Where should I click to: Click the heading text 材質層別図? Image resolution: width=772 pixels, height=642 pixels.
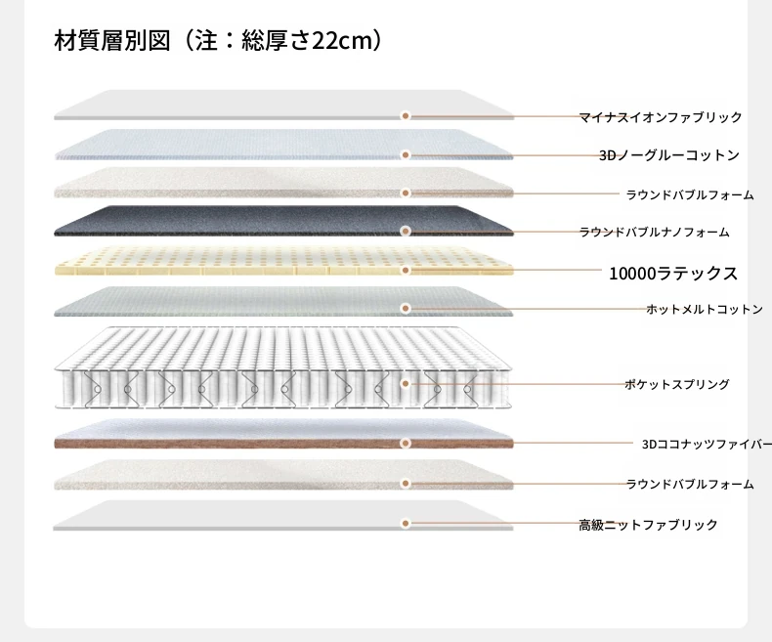coord(112,40)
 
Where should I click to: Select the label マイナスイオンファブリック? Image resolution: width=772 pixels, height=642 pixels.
coord(661,117)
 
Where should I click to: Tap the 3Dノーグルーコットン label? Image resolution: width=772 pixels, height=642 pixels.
coord(669,155)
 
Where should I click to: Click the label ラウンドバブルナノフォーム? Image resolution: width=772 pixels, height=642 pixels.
coord(655,232)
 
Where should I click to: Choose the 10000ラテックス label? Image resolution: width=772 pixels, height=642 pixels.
coord(673,274)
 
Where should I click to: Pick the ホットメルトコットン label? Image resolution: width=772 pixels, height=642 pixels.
coord(705,309)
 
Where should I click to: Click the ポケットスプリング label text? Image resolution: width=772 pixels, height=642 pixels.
coord(677,384)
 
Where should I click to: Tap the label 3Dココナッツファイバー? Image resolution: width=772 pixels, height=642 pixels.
coord(707,444)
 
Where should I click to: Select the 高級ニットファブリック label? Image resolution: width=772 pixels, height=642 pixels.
coord(648,525)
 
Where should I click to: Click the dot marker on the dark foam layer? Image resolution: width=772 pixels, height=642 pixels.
coord(406,231)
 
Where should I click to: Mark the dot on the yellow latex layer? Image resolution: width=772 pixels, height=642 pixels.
coord(406,271)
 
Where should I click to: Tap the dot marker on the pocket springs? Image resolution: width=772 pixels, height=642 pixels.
coord(406,383)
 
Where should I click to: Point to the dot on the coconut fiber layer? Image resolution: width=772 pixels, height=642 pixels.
coord(406,443)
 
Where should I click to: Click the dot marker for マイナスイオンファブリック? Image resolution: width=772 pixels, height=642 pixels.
coord(406,115)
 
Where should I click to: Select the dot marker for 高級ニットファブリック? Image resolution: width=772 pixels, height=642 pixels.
coord(406,524)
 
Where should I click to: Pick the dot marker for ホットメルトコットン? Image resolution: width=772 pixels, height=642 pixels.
coord(406,308)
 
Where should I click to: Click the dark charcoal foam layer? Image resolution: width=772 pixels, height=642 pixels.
coord(283,221)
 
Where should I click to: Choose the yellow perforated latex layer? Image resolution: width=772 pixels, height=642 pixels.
coord(283,261)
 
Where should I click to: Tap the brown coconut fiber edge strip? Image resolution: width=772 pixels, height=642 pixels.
coord(283,444)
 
